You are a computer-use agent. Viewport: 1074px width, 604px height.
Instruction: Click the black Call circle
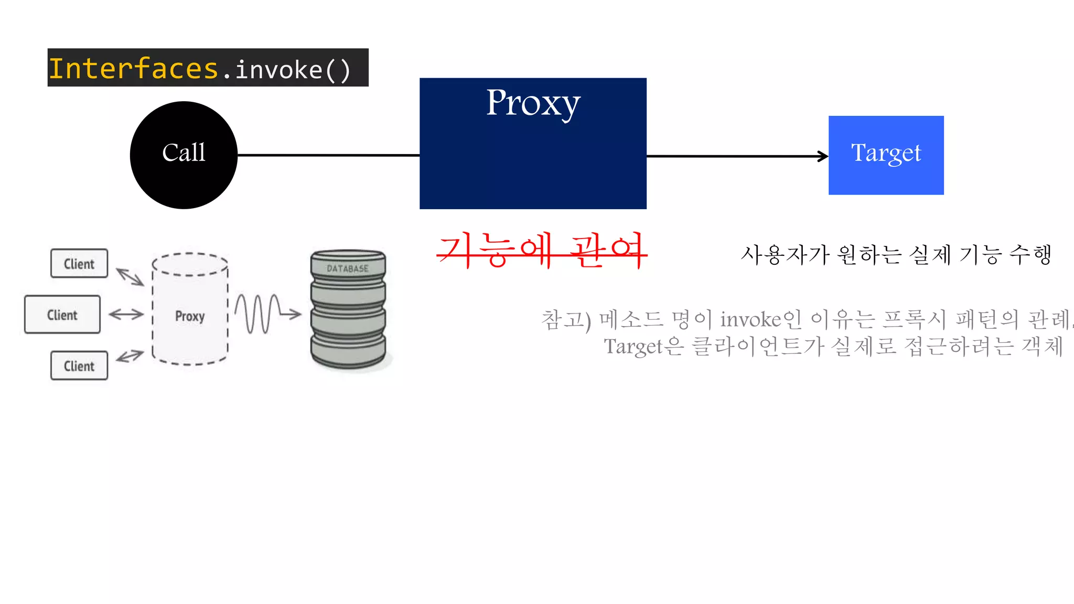point(184,155)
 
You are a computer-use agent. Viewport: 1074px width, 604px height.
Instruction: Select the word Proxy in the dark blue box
point(533,103)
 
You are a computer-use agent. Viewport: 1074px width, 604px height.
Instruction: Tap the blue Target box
point(886,155)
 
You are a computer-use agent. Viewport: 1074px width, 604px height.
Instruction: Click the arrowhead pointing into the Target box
point(823,156)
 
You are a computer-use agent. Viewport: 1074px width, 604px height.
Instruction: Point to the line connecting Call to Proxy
point(328,155)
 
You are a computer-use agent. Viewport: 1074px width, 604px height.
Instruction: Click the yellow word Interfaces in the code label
point(134,69)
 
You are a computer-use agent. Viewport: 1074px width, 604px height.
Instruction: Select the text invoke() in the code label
point(293,70)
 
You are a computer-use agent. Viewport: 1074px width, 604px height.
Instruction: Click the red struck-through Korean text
point(541,251)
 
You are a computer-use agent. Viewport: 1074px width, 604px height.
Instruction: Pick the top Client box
point(79,264)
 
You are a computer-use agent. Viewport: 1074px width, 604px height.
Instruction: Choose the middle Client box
point(62,315)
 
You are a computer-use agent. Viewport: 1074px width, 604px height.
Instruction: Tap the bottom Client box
point(79,365)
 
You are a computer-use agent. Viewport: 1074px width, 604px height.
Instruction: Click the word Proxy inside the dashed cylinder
point(190,316)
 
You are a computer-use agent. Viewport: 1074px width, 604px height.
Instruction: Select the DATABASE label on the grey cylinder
point(348,268)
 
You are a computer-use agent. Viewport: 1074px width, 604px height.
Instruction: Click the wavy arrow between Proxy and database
point(267,314)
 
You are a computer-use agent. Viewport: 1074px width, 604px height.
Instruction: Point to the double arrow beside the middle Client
point(126,315)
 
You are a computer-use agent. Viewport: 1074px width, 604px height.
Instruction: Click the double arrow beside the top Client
point(130,276)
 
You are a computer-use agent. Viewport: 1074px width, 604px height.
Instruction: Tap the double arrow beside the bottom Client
point(130,357)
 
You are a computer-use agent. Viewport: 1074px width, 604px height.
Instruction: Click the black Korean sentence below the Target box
point(896,255)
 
